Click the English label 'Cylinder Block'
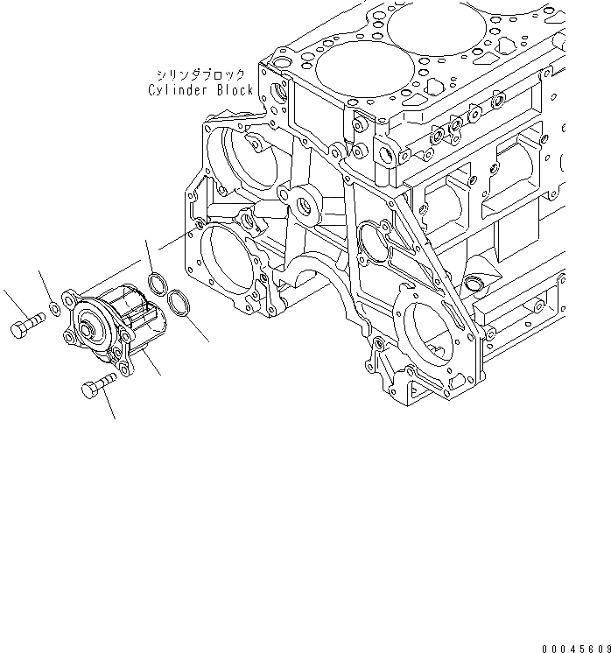pyautogui.click(x=201, y=90)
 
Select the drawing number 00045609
pyautogui.click(x=574, y=648)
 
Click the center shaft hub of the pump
pyautogui.click(x=88, y=331)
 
